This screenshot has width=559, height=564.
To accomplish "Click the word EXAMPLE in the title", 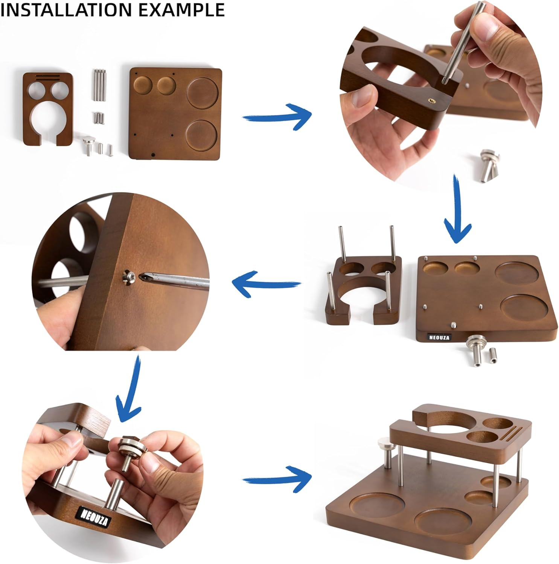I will tap(181, 9).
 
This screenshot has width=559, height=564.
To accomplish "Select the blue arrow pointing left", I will tap(265, 284).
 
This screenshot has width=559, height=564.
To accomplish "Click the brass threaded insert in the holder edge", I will tap(430, 99).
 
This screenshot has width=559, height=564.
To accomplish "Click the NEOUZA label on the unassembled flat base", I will tap(439, 337).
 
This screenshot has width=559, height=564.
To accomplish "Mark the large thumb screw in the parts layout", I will tap(89, 145).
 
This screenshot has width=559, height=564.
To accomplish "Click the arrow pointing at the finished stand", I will tap(278, 479).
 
